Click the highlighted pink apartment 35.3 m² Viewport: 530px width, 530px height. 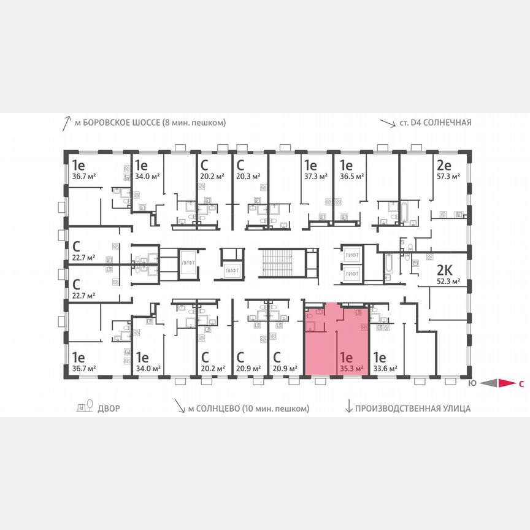(x=336, y=340)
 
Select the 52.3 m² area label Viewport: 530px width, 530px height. (x=448, y=283)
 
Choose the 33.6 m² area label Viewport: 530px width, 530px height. (x=386, y=369)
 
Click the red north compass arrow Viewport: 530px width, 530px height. (x=505, y=384)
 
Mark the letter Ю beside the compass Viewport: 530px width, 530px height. (x=472, y=384)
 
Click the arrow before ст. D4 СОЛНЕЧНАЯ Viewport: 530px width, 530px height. (x=387, y=123)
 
